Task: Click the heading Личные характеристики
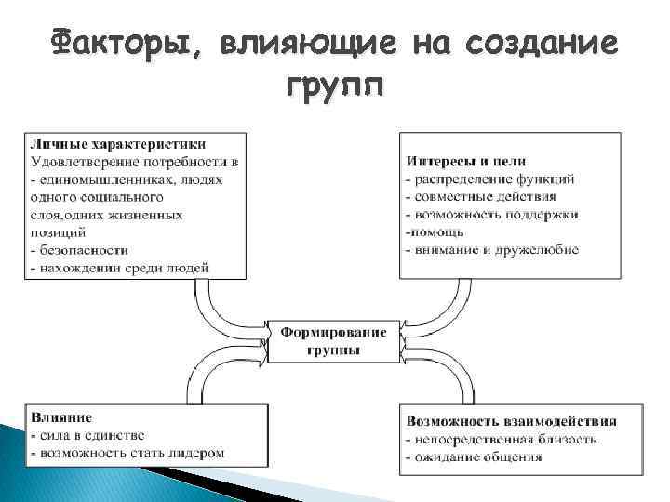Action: (x=118, y=144)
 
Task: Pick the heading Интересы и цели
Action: (x=462, y=161)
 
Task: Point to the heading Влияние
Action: (x=60, y=417)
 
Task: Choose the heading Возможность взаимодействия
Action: (x=510, y=421)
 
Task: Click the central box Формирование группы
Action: (x=334, y=340)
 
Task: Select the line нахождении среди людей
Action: (x=121, y=268)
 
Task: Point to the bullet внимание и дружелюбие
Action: (x=493, y=249)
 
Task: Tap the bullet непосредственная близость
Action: (x=502, y=439)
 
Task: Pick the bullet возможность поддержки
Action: (x=493, y=214)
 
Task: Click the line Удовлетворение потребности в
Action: (x=134, y=162)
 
